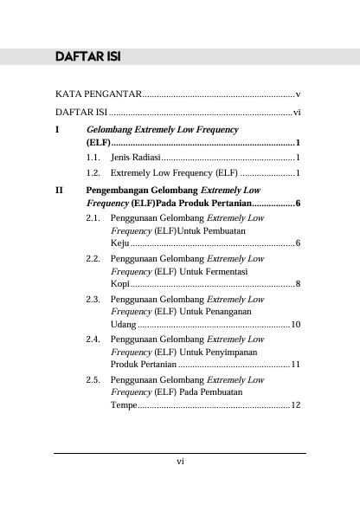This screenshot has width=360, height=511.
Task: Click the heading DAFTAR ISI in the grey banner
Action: coord(86,57)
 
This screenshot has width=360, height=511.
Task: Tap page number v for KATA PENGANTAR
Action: coord(297,93)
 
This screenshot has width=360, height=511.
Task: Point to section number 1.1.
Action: coord(95,158)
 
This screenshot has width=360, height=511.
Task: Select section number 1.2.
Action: coord(95,173)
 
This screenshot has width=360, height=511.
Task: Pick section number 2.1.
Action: coord(95,218)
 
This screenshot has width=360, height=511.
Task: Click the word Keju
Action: coord(119,244)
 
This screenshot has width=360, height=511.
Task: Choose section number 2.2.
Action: coord(95,259)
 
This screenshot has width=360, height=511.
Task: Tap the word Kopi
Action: coord(120,284)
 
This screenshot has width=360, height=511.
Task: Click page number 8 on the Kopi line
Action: coord(297,284)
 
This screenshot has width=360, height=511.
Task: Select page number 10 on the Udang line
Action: coord(295,325)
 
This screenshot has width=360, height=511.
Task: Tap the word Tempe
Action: coord(124,405)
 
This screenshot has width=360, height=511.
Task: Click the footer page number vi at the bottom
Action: coord(180,462)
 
